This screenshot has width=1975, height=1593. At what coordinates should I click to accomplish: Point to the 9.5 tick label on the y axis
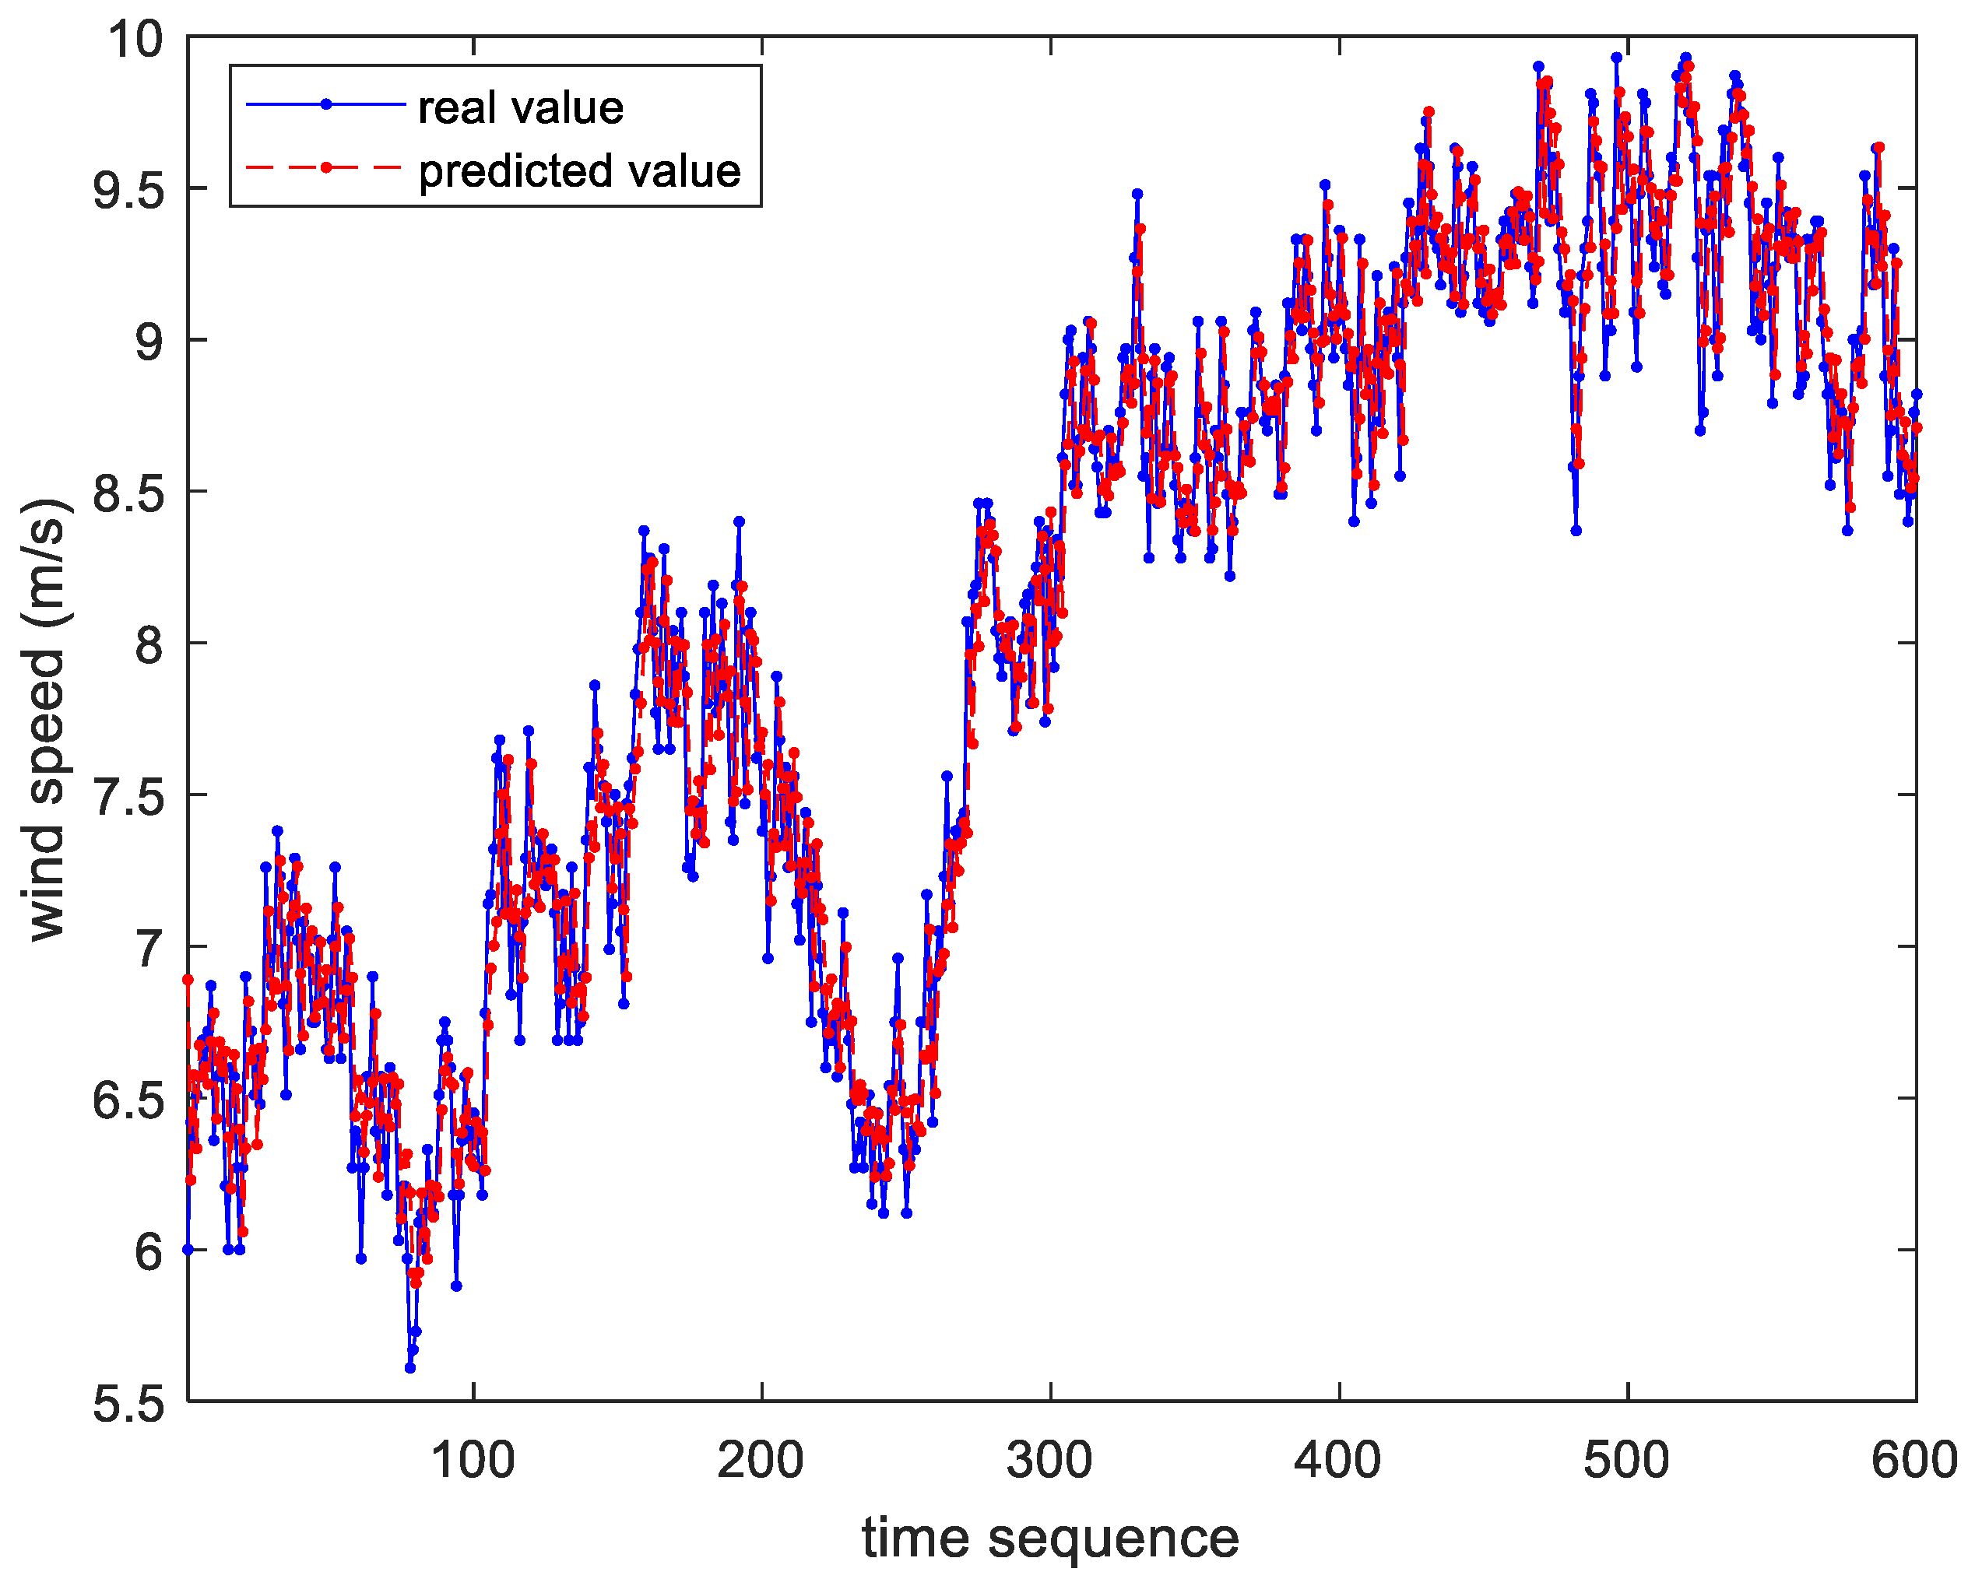pos(128,190)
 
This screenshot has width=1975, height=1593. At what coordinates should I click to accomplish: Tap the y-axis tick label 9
pos(148,342)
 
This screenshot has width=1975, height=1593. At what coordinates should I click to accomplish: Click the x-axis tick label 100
pos(473,1460)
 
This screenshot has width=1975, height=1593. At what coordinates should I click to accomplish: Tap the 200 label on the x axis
pos(761,1460)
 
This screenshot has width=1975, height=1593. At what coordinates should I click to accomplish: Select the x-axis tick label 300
pos(1049,1460)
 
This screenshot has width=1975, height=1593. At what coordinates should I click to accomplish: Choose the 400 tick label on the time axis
pos(1338,1460)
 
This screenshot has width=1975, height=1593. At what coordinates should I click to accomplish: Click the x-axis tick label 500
pos(1626,1460)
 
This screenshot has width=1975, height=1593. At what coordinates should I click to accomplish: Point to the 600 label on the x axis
pos(1914,1460)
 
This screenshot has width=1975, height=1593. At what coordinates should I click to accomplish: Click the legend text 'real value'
pos(520,108)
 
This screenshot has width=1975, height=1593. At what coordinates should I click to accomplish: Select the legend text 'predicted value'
pos(579,170)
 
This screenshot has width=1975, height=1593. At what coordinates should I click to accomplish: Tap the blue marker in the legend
pos(326,104)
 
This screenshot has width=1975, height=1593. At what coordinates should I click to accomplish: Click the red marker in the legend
pos(326,167)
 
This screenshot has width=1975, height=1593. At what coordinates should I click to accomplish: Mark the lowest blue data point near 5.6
pos(410,1367)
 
